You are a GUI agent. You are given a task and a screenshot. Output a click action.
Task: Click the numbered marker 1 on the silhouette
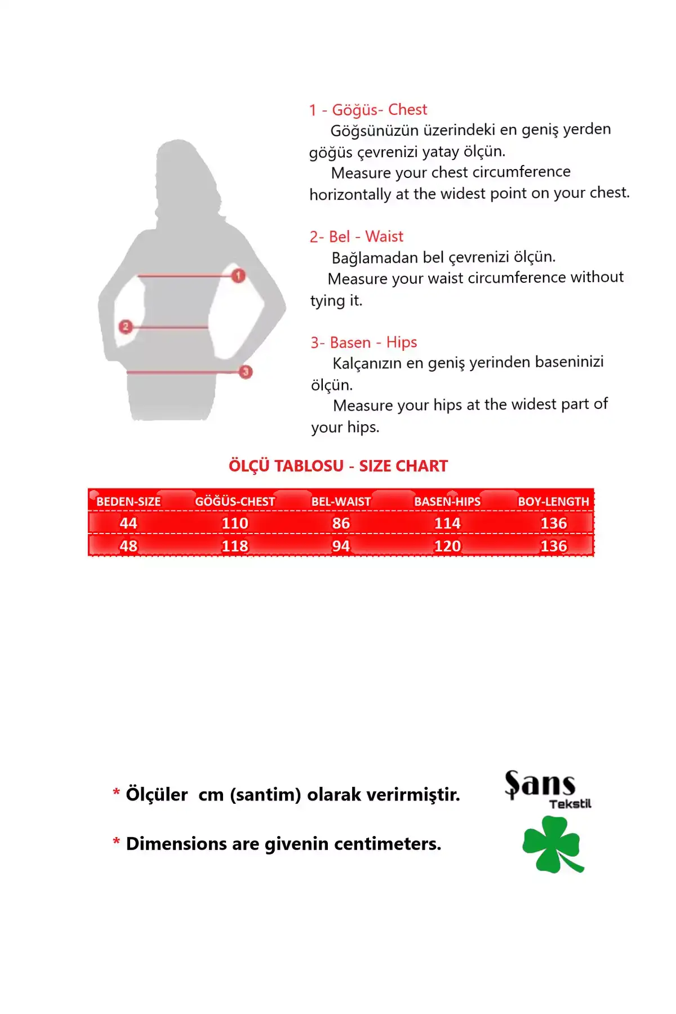pos(238,275)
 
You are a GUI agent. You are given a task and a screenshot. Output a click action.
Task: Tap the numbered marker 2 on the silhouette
pos(126,326)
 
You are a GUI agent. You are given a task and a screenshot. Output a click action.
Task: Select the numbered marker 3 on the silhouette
pos(245,372)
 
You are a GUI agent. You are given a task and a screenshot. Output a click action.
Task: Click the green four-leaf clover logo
pos(552,844)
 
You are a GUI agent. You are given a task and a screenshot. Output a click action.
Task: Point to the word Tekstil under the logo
pos(570,804)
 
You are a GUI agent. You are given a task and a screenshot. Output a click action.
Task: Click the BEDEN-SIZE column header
pos(128,501)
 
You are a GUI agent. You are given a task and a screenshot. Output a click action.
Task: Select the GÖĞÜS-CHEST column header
pos(235,501)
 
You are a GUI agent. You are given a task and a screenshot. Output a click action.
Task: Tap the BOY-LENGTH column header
pos(553,501)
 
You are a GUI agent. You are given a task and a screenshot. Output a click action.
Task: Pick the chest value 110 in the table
pos(235,523)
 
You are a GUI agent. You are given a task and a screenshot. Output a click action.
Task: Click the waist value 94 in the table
pos(341,546)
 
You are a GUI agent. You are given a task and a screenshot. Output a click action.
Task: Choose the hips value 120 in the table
pos(447,546)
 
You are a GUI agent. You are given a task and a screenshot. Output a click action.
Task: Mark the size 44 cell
pos(128,523)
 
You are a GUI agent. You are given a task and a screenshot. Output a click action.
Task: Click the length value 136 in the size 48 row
pos(553,546)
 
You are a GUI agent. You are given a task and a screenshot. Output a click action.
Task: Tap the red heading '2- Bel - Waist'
pos(356,237)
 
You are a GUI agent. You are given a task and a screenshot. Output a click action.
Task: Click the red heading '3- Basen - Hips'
pos(363,343)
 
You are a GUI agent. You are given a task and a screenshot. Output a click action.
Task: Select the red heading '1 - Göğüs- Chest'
pos(368,110)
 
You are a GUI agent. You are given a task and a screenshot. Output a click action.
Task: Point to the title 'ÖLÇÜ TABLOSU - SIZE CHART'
pos(338,466)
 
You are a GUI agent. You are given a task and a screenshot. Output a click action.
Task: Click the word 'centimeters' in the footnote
pos(387,844)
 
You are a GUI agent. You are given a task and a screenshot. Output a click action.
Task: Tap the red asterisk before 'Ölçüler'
pos(117,793)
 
